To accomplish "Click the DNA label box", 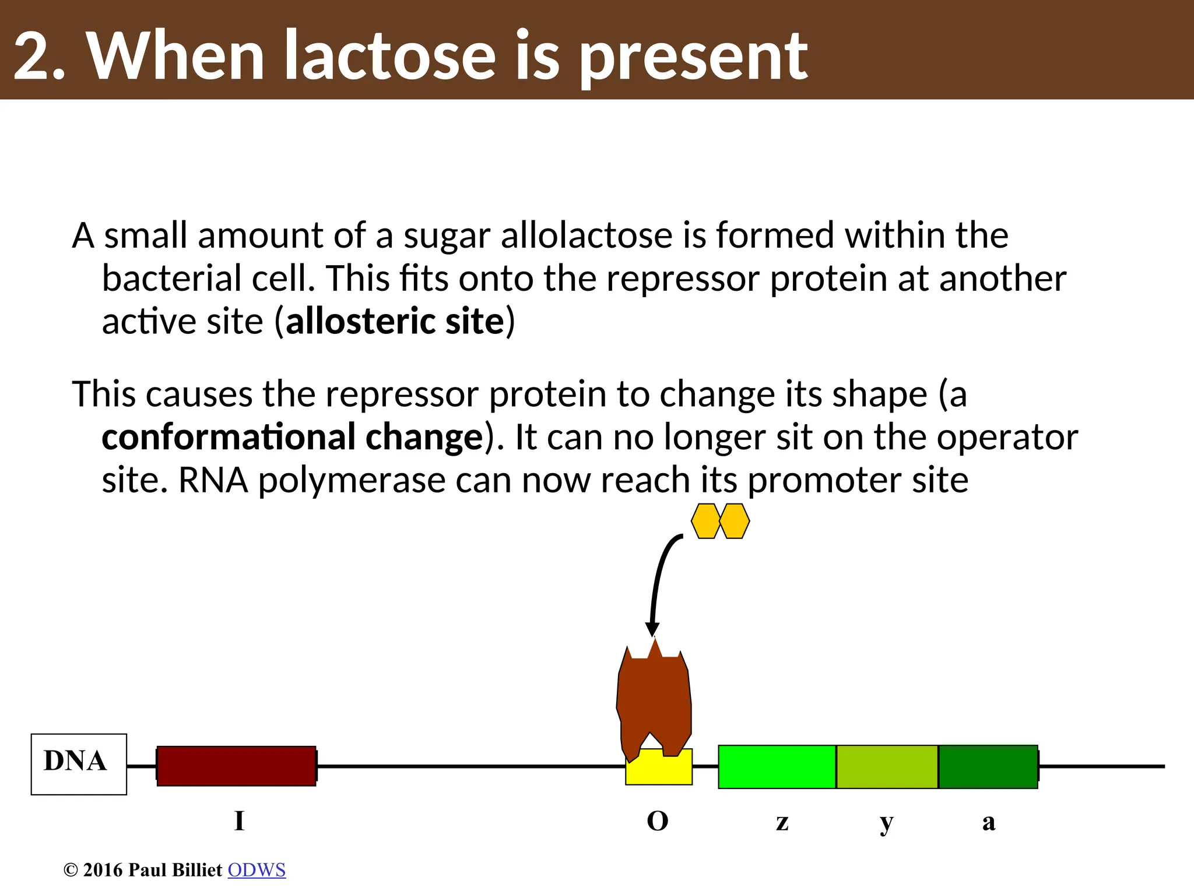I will point(79,764).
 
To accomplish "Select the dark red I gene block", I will point(236,766).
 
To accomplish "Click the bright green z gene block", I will point(777,767).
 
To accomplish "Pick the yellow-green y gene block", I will point(887,767).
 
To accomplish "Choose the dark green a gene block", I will point(988,767).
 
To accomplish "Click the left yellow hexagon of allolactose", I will point(706,521).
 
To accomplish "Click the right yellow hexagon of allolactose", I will point(735,521).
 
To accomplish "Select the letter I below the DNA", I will point(239,822).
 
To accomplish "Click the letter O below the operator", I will point(658,822).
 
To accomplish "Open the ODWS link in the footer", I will point(257,870).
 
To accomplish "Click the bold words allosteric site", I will point(395,322).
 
